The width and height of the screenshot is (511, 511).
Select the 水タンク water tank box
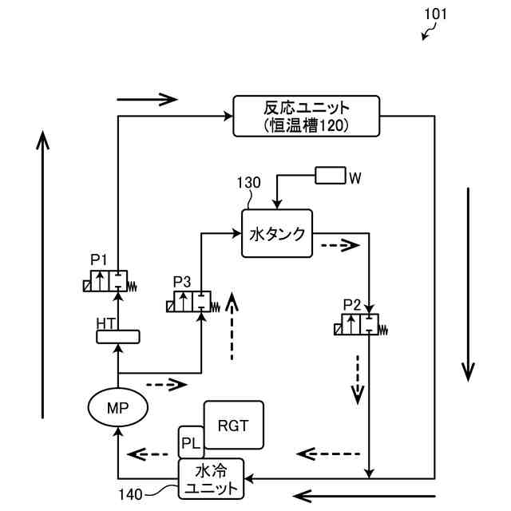(277, 233)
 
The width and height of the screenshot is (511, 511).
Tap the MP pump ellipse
(117, 407)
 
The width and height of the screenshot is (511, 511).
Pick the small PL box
(190, 442)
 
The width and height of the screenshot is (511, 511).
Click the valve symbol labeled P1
(110, 281)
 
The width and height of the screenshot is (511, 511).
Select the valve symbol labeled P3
(192, 303)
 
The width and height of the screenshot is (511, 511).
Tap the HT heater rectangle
(117, 337)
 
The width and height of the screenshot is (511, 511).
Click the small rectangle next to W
(331, 176)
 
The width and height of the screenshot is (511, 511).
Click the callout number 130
(248, 182)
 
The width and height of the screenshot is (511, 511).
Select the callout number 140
(133, 495)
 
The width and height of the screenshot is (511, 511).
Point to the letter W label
(356, 176)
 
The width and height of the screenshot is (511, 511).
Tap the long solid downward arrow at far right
(469, 283)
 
